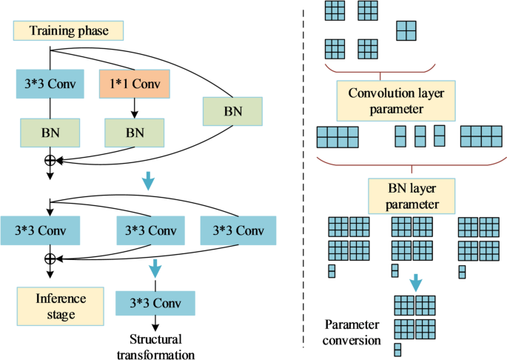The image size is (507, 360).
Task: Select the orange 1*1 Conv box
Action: point(134,83)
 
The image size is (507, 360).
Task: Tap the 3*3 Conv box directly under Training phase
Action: point(50,83)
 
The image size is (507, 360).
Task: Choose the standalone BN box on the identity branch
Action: point(232,112)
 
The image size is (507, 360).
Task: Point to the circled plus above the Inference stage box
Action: point(50,258)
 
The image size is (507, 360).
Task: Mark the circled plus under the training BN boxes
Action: point(50,159)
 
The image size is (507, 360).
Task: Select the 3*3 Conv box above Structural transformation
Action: point(155,304)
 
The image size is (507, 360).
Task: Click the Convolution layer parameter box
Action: point(380,101)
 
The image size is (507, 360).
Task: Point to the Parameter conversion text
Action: point(353,333)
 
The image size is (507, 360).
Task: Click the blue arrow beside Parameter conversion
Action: point(416,281)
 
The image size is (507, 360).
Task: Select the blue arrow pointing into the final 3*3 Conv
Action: point(155,267)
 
